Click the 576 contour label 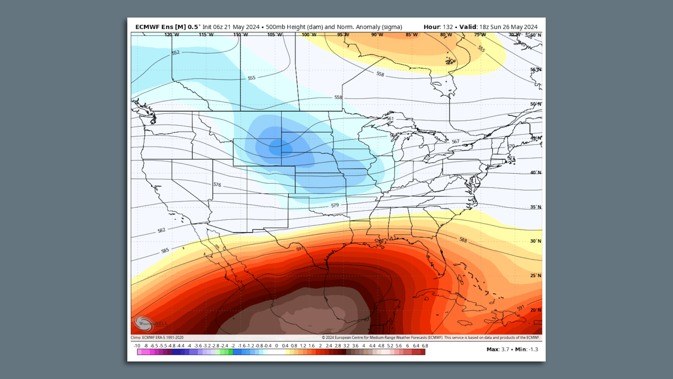click(x=217, y=185)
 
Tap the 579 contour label click(x=335, y=205)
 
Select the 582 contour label click(x=161, y=231)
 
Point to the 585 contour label click(x=165, y=251)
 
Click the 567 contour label click(x=455, y=141)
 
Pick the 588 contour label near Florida click(x=463, y=240)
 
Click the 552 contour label click(x=176, y=53)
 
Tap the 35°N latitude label click(x=535, y=207)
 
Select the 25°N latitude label click(x=535, y=275)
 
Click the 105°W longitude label click(x=274, y=35)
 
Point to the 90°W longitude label click(x=377, y=35)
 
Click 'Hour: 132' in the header click(x=438, y=27)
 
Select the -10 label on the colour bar click(x=137, y=346)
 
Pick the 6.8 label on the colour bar click(x=425, y=346)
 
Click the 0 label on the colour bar click(x=276, y=346)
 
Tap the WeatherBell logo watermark click(x=149, y=323)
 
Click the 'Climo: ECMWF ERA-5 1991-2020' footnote click(x=157, y=338)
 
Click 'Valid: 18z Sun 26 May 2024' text click(x=498, y=27)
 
